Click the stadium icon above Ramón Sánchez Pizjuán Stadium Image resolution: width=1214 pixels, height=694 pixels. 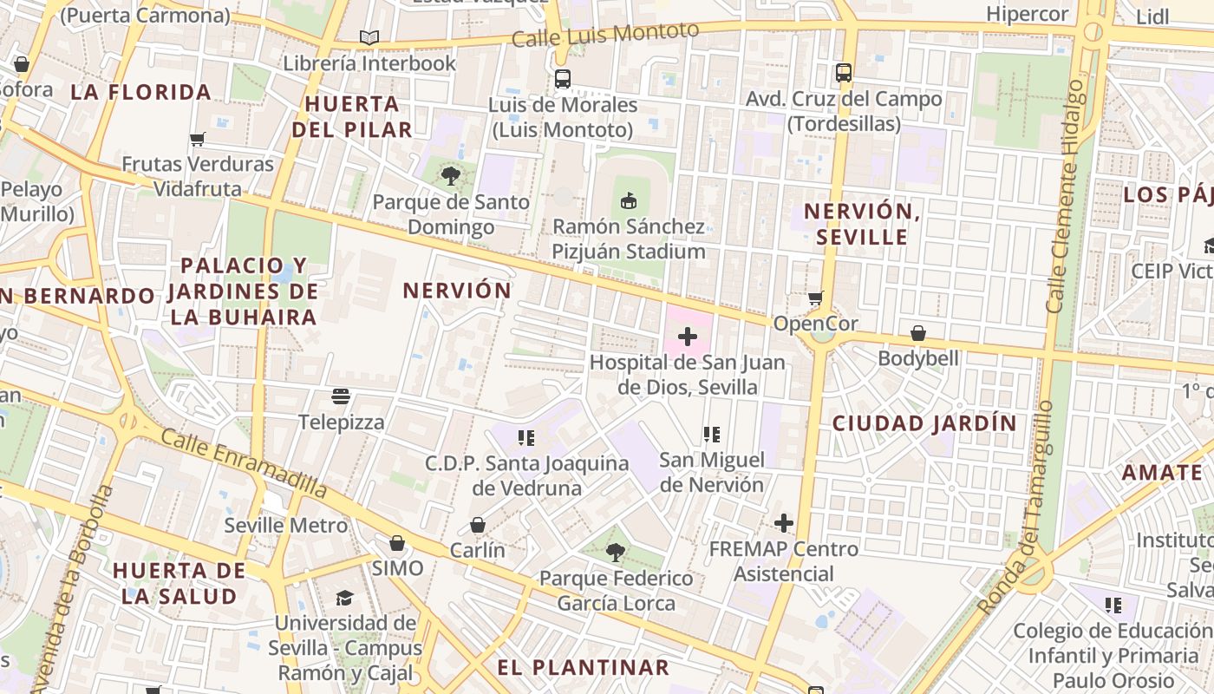[629, 200]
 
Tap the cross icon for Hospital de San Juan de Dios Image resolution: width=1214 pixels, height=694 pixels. [688, 337]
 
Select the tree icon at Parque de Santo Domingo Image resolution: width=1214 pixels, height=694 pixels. [450, 176]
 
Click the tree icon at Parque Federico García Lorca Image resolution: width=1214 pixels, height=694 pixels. [616, 552]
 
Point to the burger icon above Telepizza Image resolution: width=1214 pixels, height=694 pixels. [341, 396]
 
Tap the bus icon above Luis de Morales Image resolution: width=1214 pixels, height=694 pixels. [563, 79]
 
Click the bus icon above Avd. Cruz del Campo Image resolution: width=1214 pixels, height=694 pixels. [843, 73]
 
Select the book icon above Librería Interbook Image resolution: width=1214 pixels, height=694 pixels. [369, 37]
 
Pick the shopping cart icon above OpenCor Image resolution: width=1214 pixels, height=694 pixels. [815, 298]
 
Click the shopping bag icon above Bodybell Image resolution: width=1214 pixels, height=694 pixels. [918, 333]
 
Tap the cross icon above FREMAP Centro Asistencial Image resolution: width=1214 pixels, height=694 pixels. [784, 522]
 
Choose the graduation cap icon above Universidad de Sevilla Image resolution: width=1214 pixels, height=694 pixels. [345, 598]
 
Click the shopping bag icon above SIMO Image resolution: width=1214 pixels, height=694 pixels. [397, 543]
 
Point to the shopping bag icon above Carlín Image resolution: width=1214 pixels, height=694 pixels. [477, 525]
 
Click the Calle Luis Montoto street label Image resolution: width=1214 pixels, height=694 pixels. [604, 36]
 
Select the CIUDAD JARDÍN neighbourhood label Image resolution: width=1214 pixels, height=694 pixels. [924, 423]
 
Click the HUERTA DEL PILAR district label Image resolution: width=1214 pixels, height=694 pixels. [351, 117]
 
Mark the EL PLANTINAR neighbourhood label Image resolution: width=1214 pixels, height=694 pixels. [583, 667]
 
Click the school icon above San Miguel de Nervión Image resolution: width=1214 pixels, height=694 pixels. [712, 434]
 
